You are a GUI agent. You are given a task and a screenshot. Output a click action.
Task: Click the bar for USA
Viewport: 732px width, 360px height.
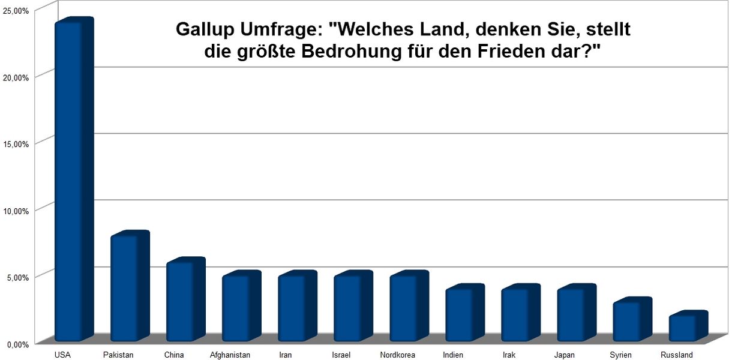click(74, 179)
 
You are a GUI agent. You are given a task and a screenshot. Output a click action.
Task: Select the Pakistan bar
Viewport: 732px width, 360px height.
click(130, 286)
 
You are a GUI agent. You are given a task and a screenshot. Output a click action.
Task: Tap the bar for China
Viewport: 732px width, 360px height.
click(185, 299)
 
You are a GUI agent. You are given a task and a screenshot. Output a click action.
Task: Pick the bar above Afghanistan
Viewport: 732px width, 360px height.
click(241, 306)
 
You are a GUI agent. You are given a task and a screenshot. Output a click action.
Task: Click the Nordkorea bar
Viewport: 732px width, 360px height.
click(409, 306)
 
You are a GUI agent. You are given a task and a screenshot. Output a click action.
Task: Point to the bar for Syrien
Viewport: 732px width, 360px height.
click(632, 319)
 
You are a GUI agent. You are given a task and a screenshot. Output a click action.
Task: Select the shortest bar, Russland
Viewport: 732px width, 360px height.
click(688, 326)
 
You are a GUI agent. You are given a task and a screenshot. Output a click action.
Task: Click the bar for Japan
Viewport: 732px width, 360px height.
click(577, 313)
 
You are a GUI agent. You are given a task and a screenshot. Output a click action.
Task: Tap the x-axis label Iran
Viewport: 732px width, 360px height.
click(285, 355)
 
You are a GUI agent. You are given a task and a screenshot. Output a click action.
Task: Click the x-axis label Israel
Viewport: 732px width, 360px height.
click(341, 355)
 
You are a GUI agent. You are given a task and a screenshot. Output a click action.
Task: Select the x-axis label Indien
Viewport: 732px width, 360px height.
click(453, 355)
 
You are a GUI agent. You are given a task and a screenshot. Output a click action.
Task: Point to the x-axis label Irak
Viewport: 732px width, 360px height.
click(509, 355)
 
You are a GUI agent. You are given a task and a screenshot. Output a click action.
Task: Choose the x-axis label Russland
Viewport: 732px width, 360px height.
click(676, 355)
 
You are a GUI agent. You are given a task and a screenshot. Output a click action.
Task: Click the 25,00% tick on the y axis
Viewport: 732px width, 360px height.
click(16, 11)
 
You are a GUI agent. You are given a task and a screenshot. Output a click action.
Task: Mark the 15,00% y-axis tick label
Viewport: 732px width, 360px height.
click(16, 144)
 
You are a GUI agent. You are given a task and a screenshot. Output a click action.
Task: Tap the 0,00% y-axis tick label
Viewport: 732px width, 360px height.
click(17, 344)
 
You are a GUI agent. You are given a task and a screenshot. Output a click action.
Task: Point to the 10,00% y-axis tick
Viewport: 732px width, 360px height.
click(16, 211)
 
